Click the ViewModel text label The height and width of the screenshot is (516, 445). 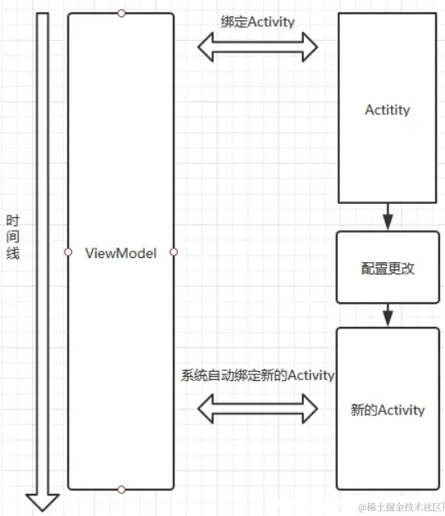click(120, 252)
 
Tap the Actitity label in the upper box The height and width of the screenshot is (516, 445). click(388, 110)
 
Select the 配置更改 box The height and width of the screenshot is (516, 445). click(388, 267)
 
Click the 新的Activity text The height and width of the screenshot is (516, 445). click(388, 410)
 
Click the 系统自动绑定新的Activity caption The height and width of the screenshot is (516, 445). click(257, 375)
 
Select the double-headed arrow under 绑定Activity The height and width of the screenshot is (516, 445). click(257, 47)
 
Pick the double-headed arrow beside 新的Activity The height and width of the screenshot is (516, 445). click(257, 408)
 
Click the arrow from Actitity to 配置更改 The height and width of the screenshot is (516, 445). click(388, 217)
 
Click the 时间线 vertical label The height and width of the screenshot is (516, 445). click(12, 237)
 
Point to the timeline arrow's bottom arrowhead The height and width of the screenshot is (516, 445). click(43, 500)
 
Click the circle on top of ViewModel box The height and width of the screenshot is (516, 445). click(121, 13)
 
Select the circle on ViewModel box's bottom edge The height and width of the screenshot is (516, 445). click(121, 490)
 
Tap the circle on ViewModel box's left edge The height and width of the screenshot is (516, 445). click(68, 252)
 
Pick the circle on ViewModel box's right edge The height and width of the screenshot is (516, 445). click(174, 252)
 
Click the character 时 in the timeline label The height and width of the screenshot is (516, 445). click(12, 220)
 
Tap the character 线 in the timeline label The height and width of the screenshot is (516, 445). click(12, 253)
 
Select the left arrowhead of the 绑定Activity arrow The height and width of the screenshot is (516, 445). click(207, 47)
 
